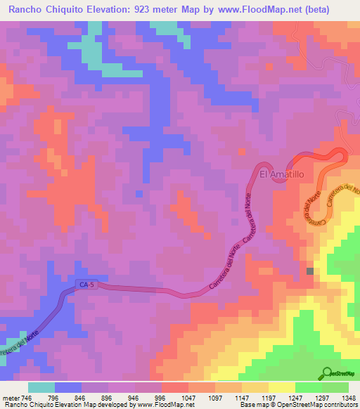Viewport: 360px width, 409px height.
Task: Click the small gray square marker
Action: [x=309, y=271]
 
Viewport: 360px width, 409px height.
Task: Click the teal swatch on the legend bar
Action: [x=41, y=387]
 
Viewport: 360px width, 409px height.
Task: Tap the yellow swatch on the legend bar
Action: [x=282, y=387]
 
